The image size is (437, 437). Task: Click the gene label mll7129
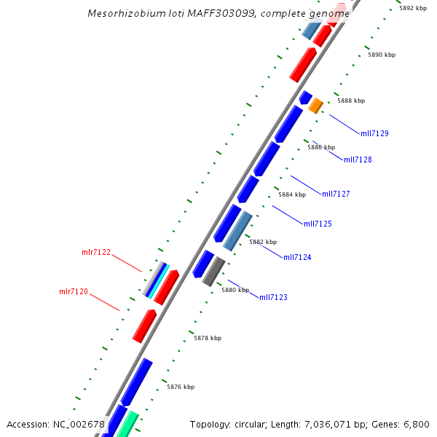click(x=374, y=133)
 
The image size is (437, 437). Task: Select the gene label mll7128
click(x=358, y=160)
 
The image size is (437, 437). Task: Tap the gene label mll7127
click(x=336, y=194)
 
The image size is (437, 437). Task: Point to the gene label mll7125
click(x=318, y=224)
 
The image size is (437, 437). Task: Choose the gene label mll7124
click(x=297, y=257)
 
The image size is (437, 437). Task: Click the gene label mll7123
click(x=273, y=297)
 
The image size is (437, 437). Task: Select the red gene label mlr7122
click(x=96, y=253)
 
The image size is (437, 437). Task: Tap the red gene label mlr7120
click(x=74, y=291)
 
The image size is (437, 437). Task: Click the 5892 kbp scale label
click(x=413, y=8)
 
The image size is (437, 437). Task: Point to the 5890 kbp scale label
click(x=382, y=55)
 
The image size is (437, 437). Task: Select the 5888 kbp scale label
click(x=351, y=101)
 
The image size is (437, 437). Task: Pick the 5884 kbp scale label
click(x=292, y=194)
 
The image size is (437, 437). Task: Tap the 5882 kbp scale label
click(x=263, y=242)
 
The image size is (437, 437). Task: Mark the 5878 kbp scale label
click(x=208, y=338)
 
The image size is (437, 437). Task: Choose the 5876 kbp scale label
click(x=181, y=387)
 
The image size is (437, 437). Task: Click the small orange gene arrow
click(x=315, y=106)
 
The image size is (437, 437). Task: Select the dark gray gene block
click(x=213, y=272)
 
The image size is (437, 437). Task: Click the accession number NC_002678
click(x=79, y=424)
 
